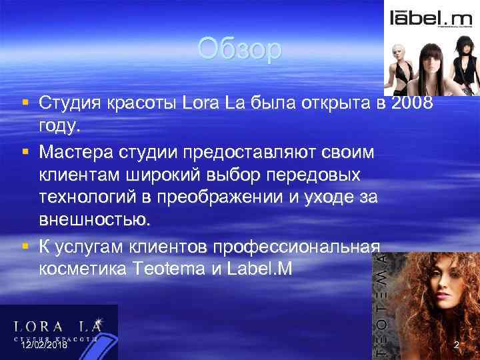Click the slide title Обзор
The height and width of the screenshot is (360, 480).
240,50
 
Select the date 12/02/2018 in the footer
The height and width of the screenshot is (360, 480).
44,345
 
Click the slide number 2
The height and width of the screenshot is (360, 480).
457,345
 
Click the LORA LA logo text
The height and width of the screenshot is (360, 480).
59,326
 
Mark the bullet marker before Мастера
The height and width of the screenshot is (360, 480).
24,153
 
